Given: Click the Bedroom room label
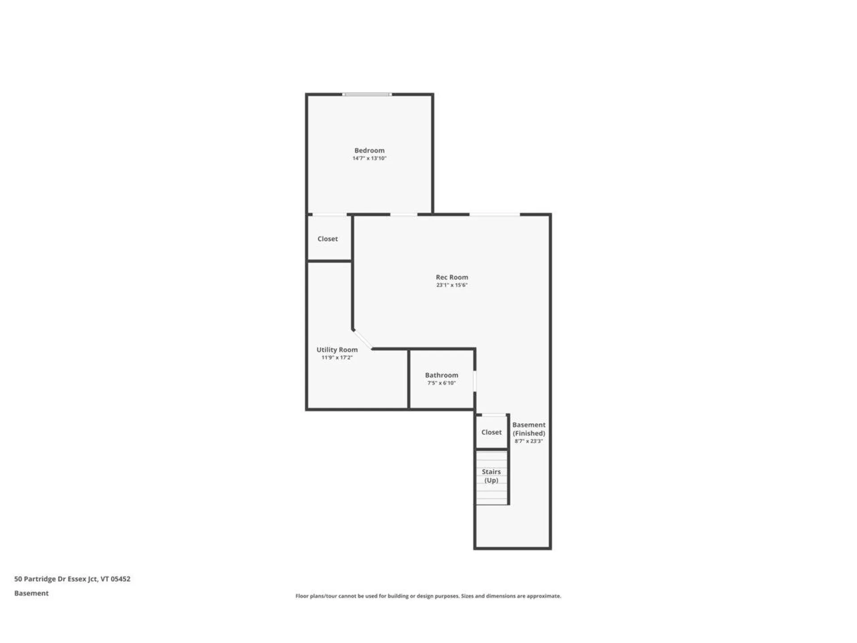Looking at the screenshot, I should tap(369, 150).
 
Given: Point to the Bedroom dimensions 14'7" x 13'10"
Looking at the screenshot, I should tap(369, 159).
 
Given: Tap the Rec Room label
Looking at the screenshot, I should tap(452, 277).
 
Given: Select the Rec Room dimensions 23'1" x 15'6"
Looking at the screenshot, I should tap(452, 285).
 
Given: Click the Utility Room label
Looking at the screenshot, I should tap(337, 350).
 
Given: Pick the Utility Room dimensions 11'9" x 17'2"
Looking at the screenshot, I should tap(337, 358).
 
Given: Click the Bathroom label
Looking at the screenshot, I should tap(441, 376).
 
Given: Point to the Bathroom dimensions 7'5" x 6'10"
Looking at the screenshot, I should tap(441, 383).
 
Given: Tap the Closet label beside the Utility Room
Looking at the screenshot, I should tap(328, 239).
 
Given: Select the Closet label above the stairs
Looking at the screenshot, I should tap(491, 432).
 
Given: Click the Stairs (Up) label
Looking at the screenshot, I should tap(491, 476).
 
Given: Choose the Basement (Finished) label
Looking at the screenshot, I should tap(529, 429).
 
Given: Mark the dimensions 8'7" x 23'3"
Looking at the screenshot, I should tap(529, 441).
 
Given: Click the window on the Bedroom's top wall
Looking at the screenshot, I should tap(367, 94).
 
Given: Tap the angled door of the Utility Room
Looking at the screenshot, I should tap(362, 339).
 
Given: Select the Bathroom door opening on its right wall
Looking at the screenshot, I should tap(475, 381).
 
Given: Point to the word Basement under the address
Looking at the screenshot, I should tap(31, 593).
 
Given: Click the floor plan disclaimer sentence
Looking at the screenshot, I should tap(428, 596).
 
